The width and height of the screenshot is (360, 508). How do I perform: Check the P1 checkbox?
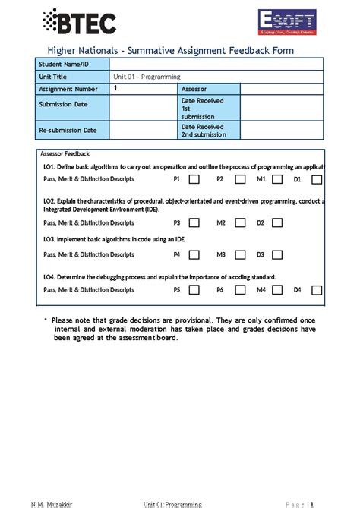point(194,180)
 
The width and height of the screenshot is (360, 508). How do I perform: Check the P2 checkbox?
point(239,180)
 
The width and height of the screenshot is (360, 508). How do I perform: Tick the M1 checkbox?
point(277,180)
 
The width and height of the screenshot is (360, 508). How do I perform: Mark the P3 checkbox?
point(194,223)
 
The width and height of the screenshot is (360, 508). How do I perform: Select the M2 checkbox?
point(239,223)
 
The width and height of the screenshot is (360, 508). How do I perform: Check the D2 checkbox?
point(277,223)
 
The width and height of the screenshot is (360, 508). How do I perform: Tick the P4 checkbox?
point(194,255)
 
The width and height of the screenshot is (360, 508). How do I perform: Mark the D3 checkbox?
point(277,255)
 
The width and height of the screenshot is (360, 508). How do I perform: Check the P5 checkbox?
point(194,290)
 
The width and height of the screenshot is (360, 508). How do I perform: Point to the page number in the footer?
point(311,503)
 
